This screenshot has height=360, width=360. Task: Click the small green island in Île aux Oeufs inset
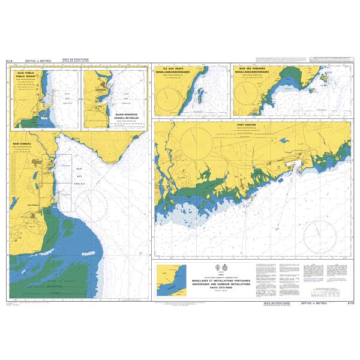pos(200,96)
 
